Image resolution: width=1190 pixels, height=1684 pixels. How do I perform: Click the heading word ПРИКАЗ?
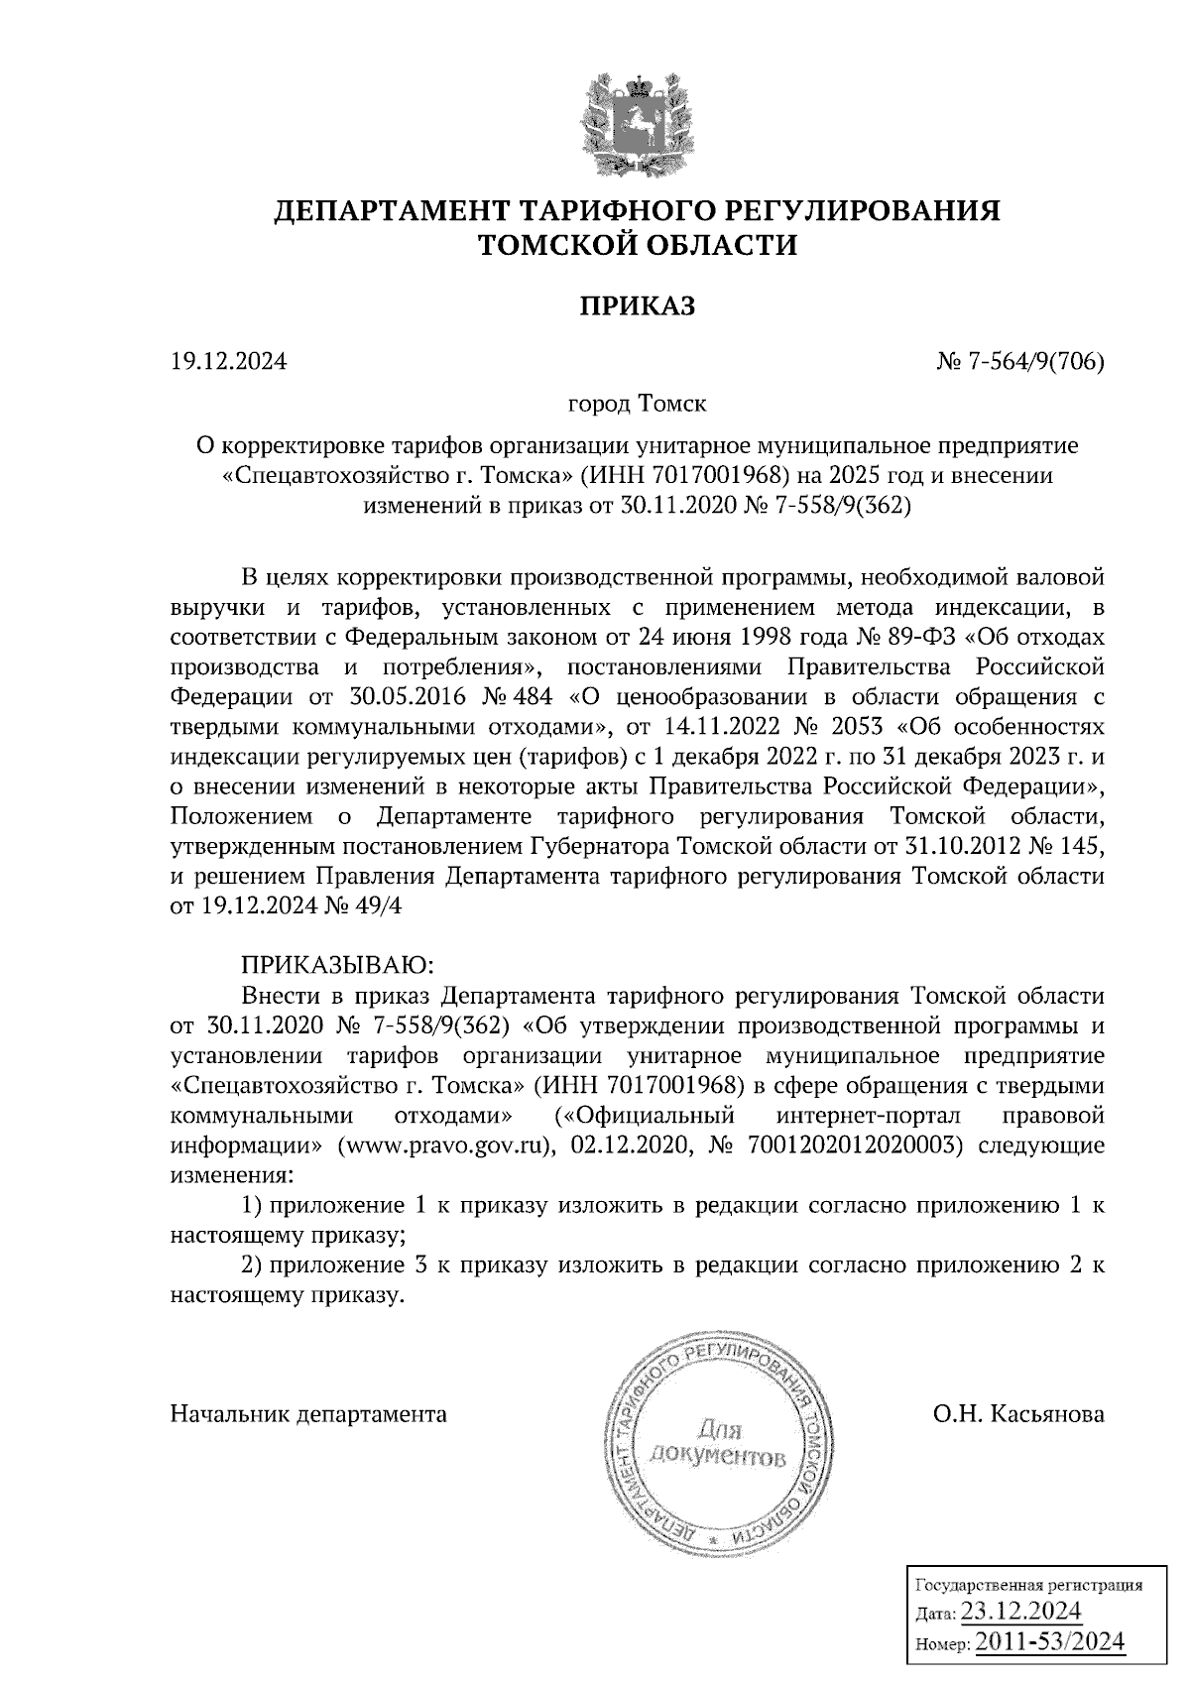(x=637, y=306)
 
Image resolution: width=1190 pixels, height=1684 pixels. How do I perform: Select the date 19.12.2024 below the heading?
(x=228, y=362)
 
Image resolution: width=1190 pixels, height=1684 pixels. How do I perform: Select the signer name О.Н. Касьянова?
(x=1017, y=1413)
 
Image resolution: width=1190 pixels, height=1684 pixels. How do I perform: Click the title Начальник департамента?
(x=308, y=1413)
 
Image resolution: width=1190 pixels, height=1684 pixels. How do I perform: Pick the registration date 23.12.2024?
(x=1020, y=1609)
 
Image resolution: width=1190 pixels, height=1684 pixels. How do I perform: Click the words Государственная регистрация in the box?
(x=1026, y=1584)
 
